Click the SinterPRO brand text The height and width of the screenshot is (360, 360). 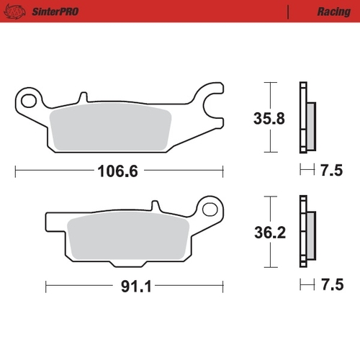coord(56,12)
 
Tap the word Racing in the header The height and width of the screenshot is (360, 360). coord(333,12)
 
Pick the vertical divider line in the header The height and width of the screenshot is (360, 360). coord(288,12)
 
